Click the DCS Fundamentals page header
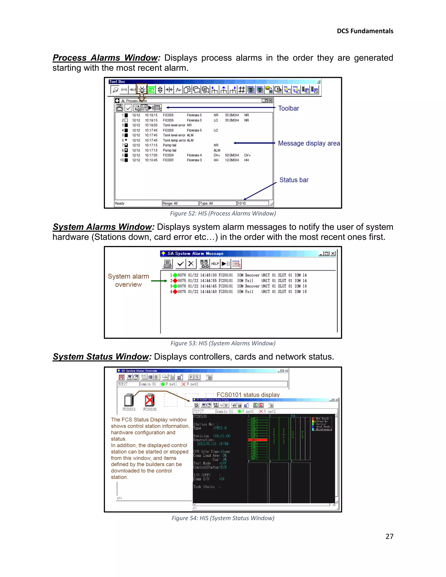(x=365, y=31)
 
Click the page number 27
(x=389, y=536)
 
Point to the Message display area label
(x=309, y=143)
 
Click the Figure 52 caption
(x=223, y=213)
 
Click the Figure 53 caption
(x=223, y=343)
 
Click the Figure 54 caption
(x=223, y=518)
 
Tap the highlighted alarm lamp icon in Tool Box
(x=142, y=90)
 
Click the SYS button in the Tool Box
(x=124, y=90)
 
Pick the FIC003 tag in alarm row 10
(x=168, y=160)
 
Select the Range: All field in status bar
(x=180, y=203)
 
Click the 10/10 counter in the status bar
(x=253, y=203)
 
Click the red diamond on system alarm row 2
(x=175, y=281)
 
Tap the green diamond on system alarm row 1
(x=175, y=275)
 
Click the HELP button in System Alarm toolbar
(x=215, y=264)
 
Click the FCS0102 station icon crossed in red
(x=150, y=400)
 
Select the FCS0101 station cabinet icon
(x=129, y=400)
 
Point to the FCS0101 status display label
(x=248, y=395)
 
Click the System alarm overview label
(x=128, y=280)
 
